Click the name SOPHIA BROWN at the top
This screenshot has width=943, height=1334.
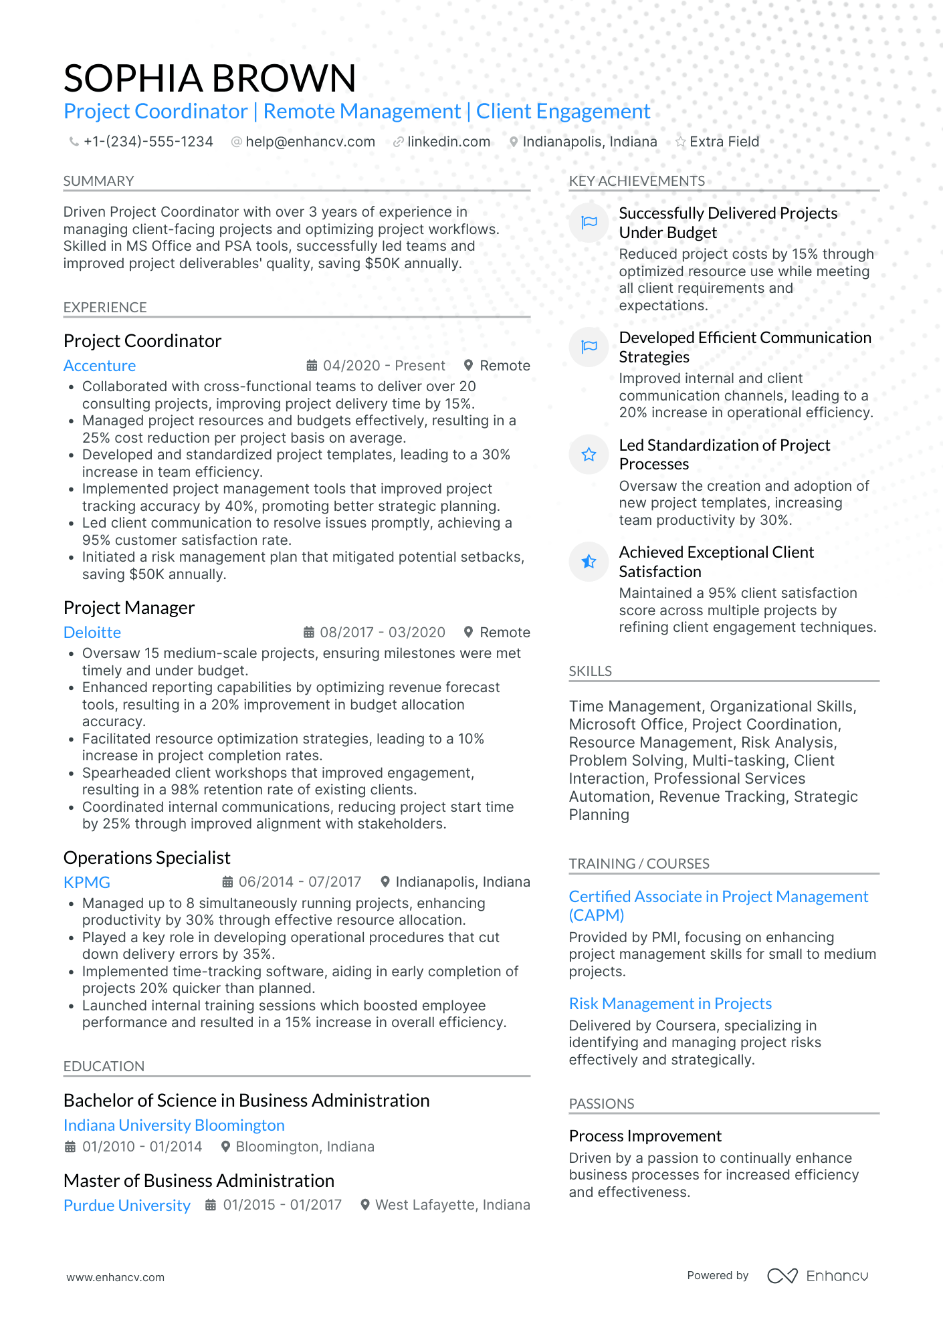(x=210, y=78)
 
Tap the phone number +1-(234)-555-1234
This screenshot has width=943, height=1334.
(x=148, y=142)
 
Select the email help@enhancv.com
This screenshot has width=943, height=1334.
(x=310, y=142)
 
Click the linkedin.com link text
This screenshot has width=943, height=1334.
(x=449, y=142)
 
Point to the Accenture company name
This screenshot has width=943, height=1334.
(x=100, y=366)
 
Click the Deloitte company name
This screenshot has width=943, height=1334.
(x=92, y=633)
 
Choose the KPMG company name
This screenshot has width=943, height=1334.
(x=87, y=883)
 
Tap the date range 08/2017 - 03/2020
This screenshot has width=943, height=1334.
(x=383, y=633)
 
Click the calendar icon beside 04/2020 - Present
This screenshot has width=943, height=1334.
(x=312, y=366)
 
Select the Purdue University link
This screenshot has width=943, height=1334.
(x=127, y=1206)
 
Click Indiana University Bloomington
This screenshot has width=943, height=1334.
(x=174, y=1125)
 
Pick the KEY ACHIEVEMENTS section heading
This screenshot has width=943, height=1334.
(x=637, y=181)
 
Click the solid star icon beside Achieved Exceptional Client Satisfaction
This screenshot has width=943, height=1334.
(x=589, y=562)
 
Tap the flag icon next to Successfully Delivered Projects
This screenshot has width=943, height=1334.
(x=589, y=223)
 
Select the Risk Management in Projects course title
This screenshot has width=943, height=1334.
(x=670, y=1004)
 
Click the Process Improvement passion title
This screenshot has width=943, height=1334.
(x=645, y=1136)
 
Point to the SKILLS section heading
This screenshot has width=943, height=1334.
(x=590, y=671)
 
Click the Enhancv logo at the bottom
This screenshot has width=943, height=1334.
(x=817, y=1276)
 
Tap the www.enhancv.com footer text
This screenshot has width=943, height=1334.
(x=115, y=1277)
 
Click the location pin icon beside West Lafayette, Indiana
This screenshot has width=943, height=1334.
(x=365, y=1205)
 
